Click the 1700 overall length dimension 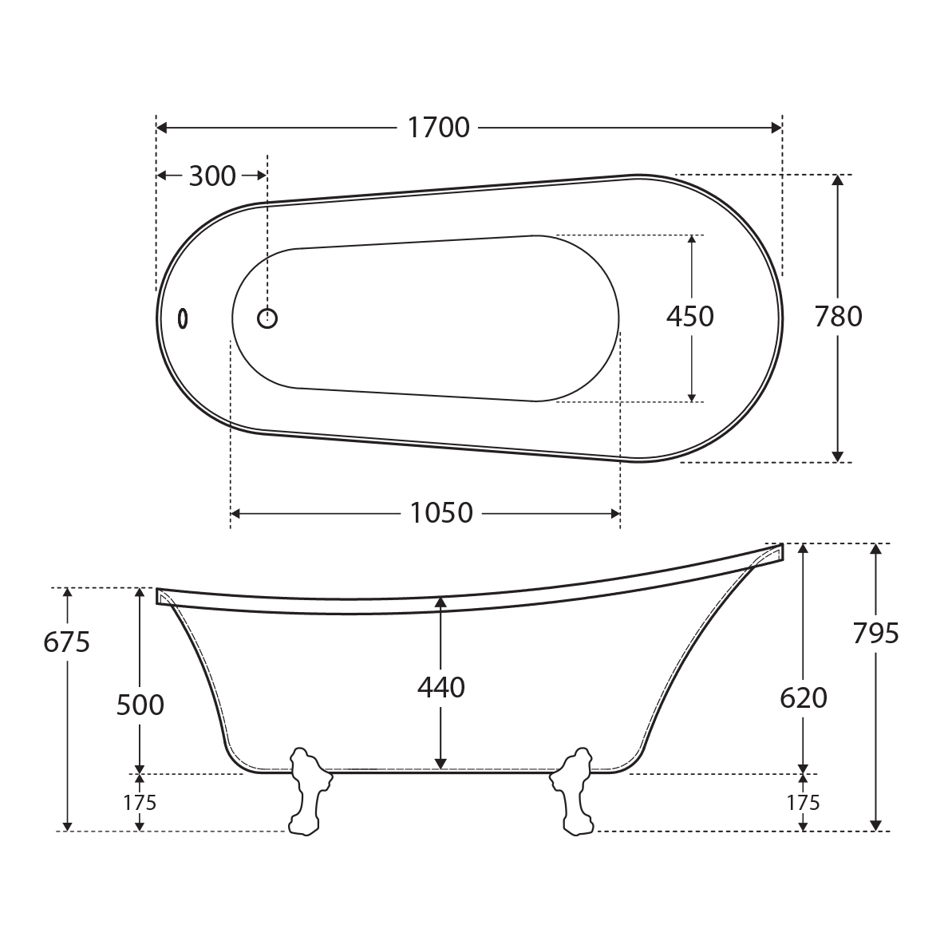438,128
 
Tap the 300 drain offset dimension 212,176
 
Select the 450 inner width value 690,316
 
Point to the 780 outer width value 838,316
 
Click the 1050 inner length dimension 441,513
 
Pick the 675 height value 67,642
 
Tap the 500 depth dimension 140,705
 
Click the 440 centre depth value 440,687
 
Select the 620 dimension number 804,698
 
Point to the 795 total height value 875,634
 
